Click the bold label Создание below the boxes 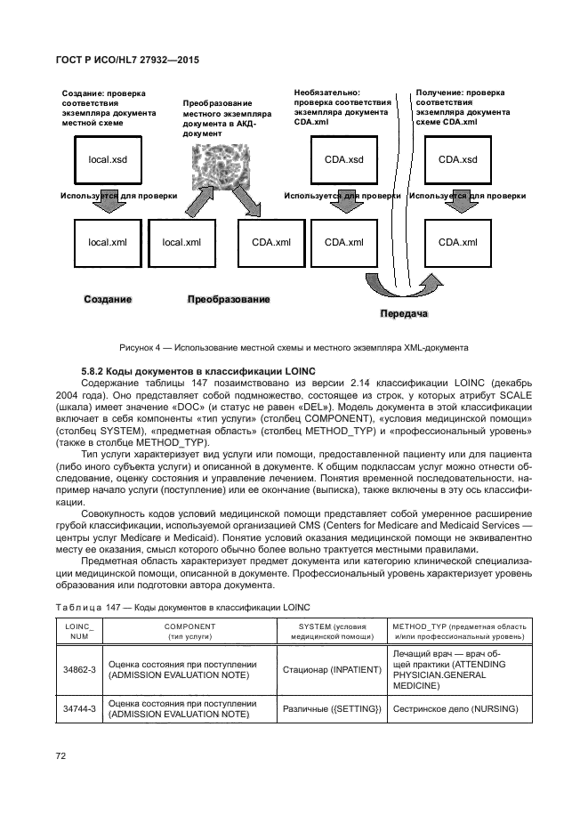coord(108,300)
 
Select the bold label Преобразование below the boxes coord(228,300)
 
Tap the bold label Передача coord(404,314)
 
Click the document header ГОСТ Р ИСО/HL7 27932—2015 coord(126,58)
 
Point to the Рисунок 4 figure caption coord(294,346)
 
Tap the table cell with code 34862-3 coord(79,670)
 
